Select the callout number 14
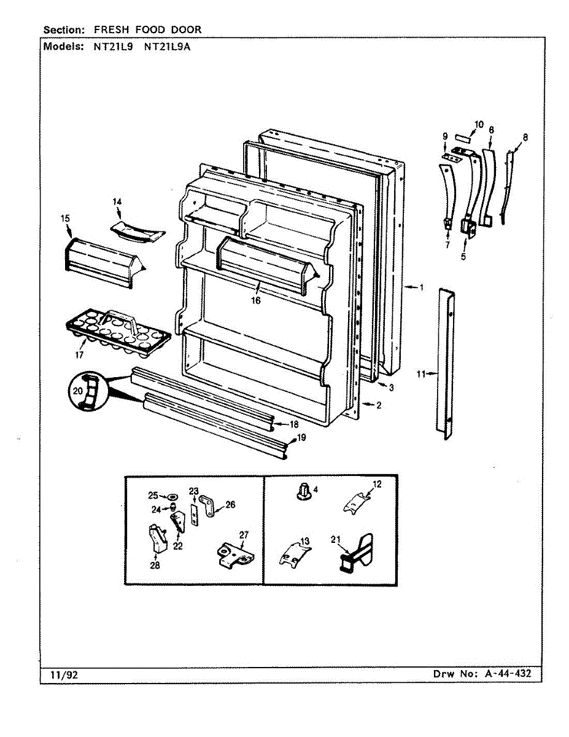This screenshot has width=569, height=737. (117, 201)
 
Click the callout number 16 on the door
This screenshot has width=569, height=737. (255, 300)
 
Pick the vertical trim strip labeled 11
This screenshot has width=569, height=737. (447, 364)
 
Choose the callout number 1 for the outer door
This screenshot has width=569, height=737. (421, 287)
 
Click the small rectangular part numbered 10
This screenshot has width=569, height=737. (463, 138)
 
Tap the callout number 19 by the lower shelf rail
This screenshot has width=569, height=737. (301, 437)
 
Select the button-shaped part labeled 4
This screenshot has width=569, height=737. (303, 491)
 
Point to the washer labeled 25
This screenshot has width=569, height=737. (171, 496)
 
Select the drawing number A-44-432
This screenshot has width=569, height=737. (508, 674)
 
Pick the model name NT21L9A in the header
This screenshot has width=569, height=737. (166, 47)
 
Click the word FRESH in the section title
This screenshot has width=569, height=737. (112, 29)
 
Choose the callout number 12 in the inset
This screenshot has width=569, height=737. (376, 484)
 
